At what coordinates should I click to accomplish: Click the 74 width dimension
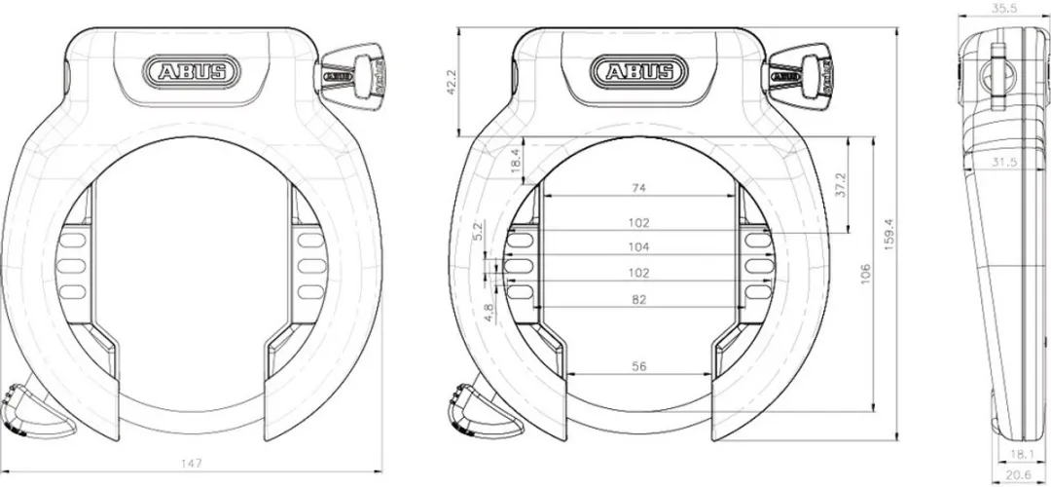click(x=639, y=186)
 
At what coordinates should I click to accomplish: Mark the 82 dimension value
click(x=639, y=300)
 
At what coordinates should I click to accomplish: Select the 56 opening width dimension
click(x=639, y=366)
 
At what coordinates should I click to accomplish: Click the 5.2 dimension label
click(x=477, y=231)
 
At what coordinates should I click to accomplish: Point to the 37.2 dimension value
click(x=840, y=185)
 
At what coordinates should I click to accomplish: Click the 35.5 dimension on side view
click(x=1003, y=7)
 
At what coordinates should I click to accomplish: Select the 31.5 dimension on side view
click(x=1002, y=163)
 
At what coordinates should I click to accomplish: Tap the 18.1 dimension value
click(x=1022, y=454)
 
